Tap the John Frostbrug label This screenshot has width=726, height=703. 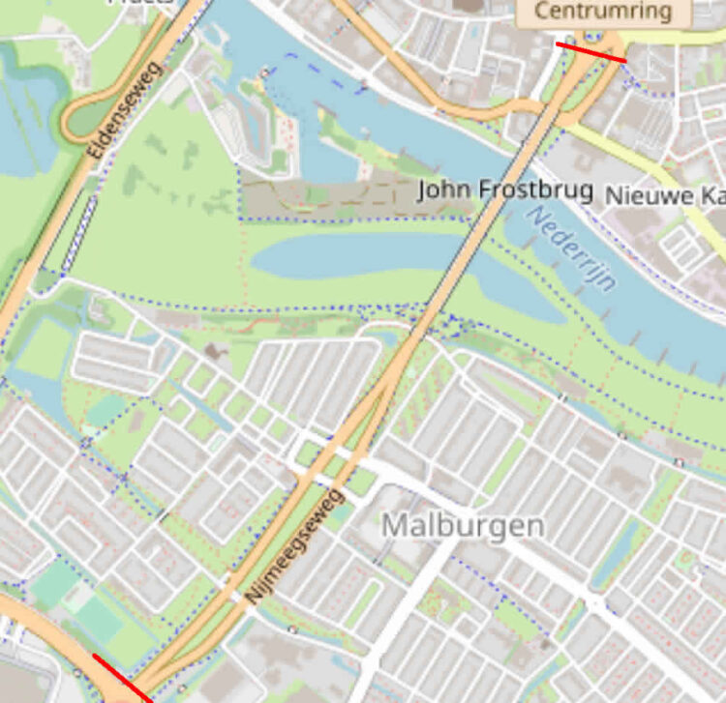[504, 190]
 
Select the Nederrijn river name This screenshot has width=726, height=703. [573, 250]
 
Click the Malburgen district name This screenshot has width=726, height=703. [463, 526]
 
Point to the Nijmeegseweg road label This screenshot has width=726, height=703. [296, 548]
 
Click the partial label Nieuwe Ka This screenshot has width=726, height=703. [664, 195]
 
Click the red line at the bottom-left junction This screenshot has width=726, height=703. [123, 679]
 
